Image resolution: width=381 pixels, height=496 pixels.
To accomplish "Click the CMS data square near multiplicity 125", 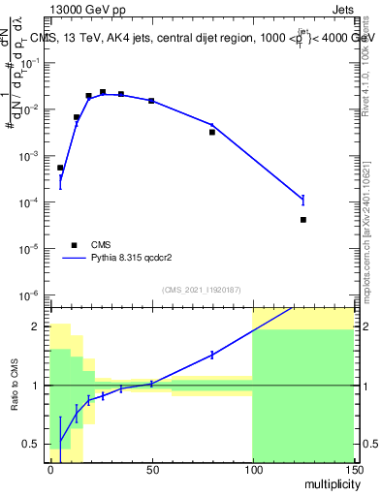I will [303, 220].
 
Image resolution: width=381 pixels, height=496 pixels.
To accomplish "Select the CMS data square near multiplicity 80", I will [212, 132].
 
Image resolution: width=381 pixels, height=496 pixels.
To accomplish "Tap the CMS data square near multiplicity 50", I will [151, 101].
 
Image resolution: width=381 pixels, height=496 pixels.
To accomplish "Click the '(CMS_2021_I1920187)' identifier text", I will [202, 289].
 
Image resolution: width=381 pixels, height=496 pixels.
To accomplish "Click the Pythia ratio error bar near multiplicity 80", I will [212, 355].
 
